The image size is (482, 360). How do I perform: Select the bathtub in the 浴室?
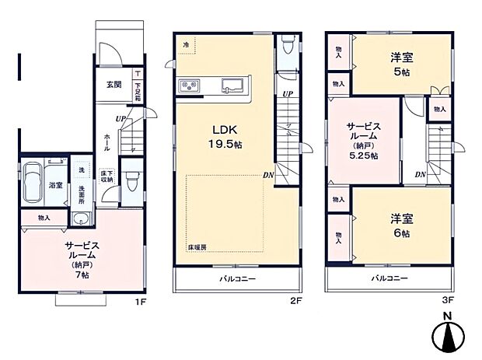click(33, 185)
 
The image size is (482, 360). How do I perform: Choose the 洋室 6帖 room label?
click(401, 225)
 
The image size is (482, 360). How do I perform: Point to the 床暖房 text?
click(197, 247)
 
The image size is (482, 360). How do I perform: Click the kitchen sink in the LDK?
click(232, 86)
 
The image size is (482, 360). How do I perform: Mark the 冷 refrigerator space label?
click(187, 44)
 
